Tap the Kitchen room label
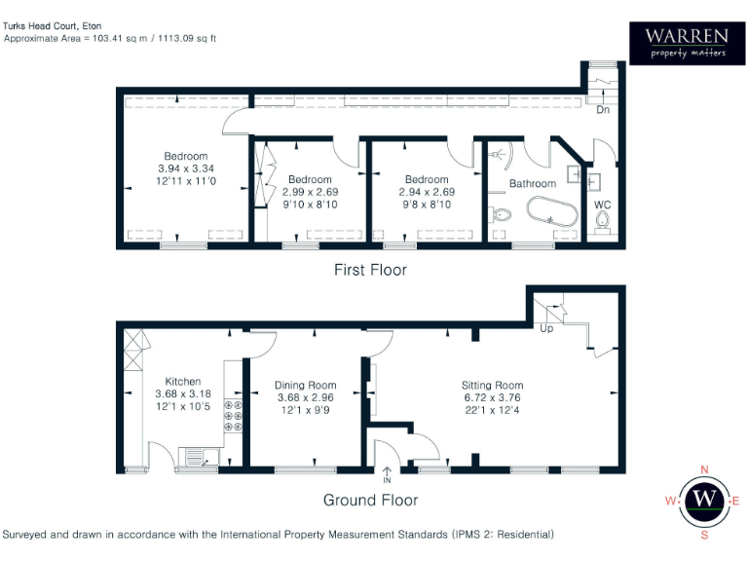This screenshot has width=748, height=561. [183, 381]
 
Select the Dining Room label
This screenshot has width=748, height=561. [305, 385]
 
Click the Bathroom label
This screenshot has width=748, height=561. [533, 183]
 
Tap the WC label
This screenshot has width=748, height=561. [603, 206]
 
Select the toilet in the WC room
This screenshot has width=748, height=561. [604, 224]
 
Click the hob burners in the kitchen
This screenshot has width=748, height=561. [234, 415]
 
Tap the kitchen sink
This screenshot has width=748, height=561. [198, 455]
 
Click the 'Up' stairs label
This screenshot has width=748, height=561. [546, 329]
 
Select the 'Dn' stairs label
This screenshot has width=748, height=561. [603, 110]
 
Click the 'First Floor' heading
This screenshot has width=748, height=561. [370, 270]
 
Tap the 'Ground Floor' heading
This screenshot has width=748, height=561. [370, 500]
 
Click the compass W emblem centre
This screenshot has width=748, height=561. [704, 501]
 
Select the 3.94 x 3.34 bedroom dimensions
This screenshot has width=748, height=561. [185, 168]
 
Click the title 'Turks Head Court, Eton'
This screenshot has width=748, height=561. [53, 24]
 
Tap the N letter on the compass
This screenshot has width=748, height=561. [704, 468]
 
